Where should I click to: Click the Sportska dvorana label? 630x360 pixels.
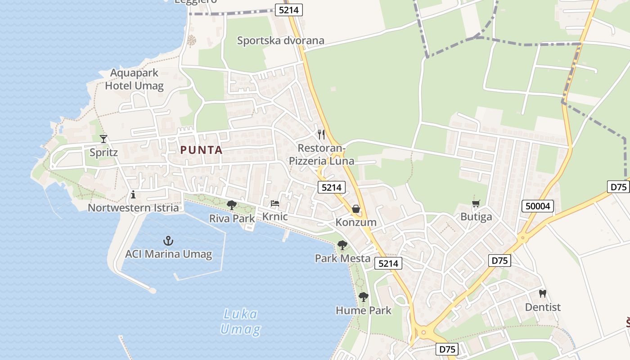(280, 40)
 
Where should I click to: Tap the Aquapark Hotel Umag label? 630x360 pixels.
(134, 79)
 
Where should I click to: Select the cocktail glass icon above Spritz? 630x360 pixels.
(103, 139)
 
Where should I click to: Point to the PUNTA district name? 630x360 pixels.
(202, 150)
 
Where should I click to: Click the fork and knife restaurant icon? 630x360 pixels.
(321, 134)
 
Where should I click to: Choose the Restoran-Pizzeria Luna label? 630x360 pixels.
(321, 154)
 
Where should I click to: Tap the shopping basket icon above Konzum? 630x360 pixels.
(356, 209)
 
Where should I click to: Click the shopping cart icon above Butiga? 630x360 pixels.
(476, 204)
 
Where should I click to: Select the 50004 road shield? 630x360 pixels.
(538, 207)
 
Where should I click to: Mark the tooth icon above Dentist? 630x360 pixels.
(543, 293)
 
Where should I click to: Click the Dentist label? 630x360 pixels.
(543, 307)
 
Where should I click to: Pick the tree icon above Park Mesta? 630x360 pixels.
(342, 245)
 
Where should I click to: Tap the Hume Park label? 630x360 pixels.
(364, 310)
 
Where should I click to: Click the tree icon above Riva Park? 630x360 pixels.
(232, 205)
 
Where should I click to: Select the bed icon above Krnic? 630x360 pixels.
(275, 203)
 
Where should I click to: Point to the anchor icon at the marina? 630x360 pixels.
(168, 241)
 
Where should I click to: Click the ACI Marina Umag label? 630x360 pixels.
(168, 254)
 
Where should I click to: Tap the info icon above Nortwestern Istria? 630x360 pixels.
(133, 194)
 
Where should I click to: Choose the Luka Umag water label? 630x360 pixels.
(240, 321)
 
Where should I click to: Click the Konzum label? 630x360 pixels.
(356, 222)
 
